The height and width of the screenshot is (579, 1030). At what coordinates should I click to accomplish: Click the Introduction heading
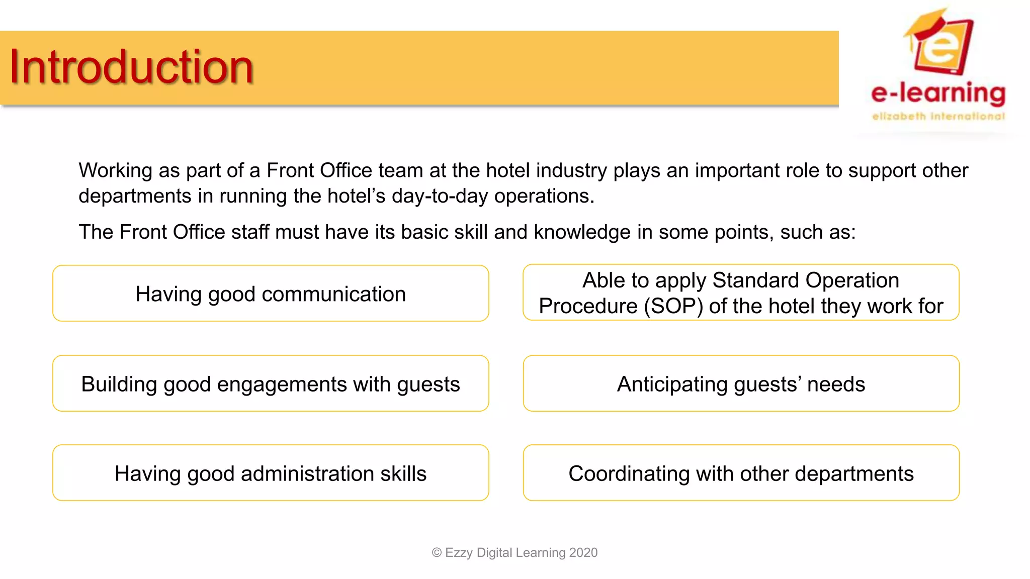coord(131,67)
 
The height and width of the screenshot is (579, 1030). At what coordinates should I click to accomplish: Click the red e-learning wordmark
coord(938,93)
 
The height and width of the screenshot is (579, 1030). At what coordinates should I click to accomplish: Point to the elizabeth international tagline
coord(938,117)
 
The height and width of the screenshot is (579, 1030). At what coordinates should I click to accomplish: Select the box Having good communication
coord(271,294)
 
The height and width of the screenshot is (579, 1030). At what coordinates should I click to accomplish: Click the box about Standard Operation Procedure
coord(741,293)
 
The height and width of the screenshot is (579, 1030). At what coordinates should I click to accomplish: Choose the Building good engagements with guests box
coord(271,384)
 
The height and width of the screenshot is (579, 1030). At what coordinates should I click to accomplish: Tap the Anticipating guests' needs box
coord(741,384)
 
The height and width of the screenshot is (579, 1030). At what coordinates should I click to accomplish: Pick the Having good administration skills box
coord(271,473)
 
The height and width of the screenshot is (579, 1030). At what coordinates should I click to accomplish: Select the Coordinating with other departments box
coord(741,473)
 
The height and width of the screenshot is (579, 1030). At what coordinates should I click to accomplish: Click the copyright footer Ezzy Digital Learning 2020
coord(514,552)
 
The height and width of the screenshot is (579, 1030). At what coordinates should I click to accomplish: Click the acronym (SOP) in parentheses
coord(673,306)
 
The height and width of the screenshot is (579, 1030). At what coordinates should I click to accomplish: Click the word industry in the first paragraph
coord(571,171)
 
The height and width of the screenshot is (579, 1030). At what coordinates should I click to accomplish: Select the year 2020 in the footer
coord(583,552)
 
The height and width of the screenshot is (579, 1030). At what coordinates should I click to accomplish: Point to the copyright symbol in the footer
coord(437,553)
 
